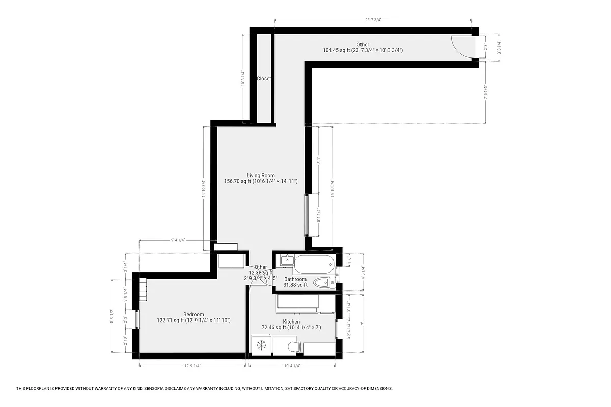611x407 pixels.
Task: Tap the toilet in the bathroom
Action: (323, 282)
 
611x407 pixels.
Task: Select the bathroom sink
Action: (286, 260)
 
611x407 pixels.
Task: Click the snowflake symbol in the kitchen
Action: (261, 346)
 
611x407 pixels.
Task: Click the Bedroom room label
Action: (193, 314)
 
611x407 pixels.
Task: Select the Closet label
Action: (264, 79)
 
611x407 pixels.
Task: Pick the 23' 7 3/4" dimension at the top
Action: (373, 20)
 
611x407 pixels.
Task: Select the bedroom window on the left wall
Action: (136, 319)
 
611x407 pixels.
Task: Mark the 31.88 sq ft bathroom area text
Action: (295, 285)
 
